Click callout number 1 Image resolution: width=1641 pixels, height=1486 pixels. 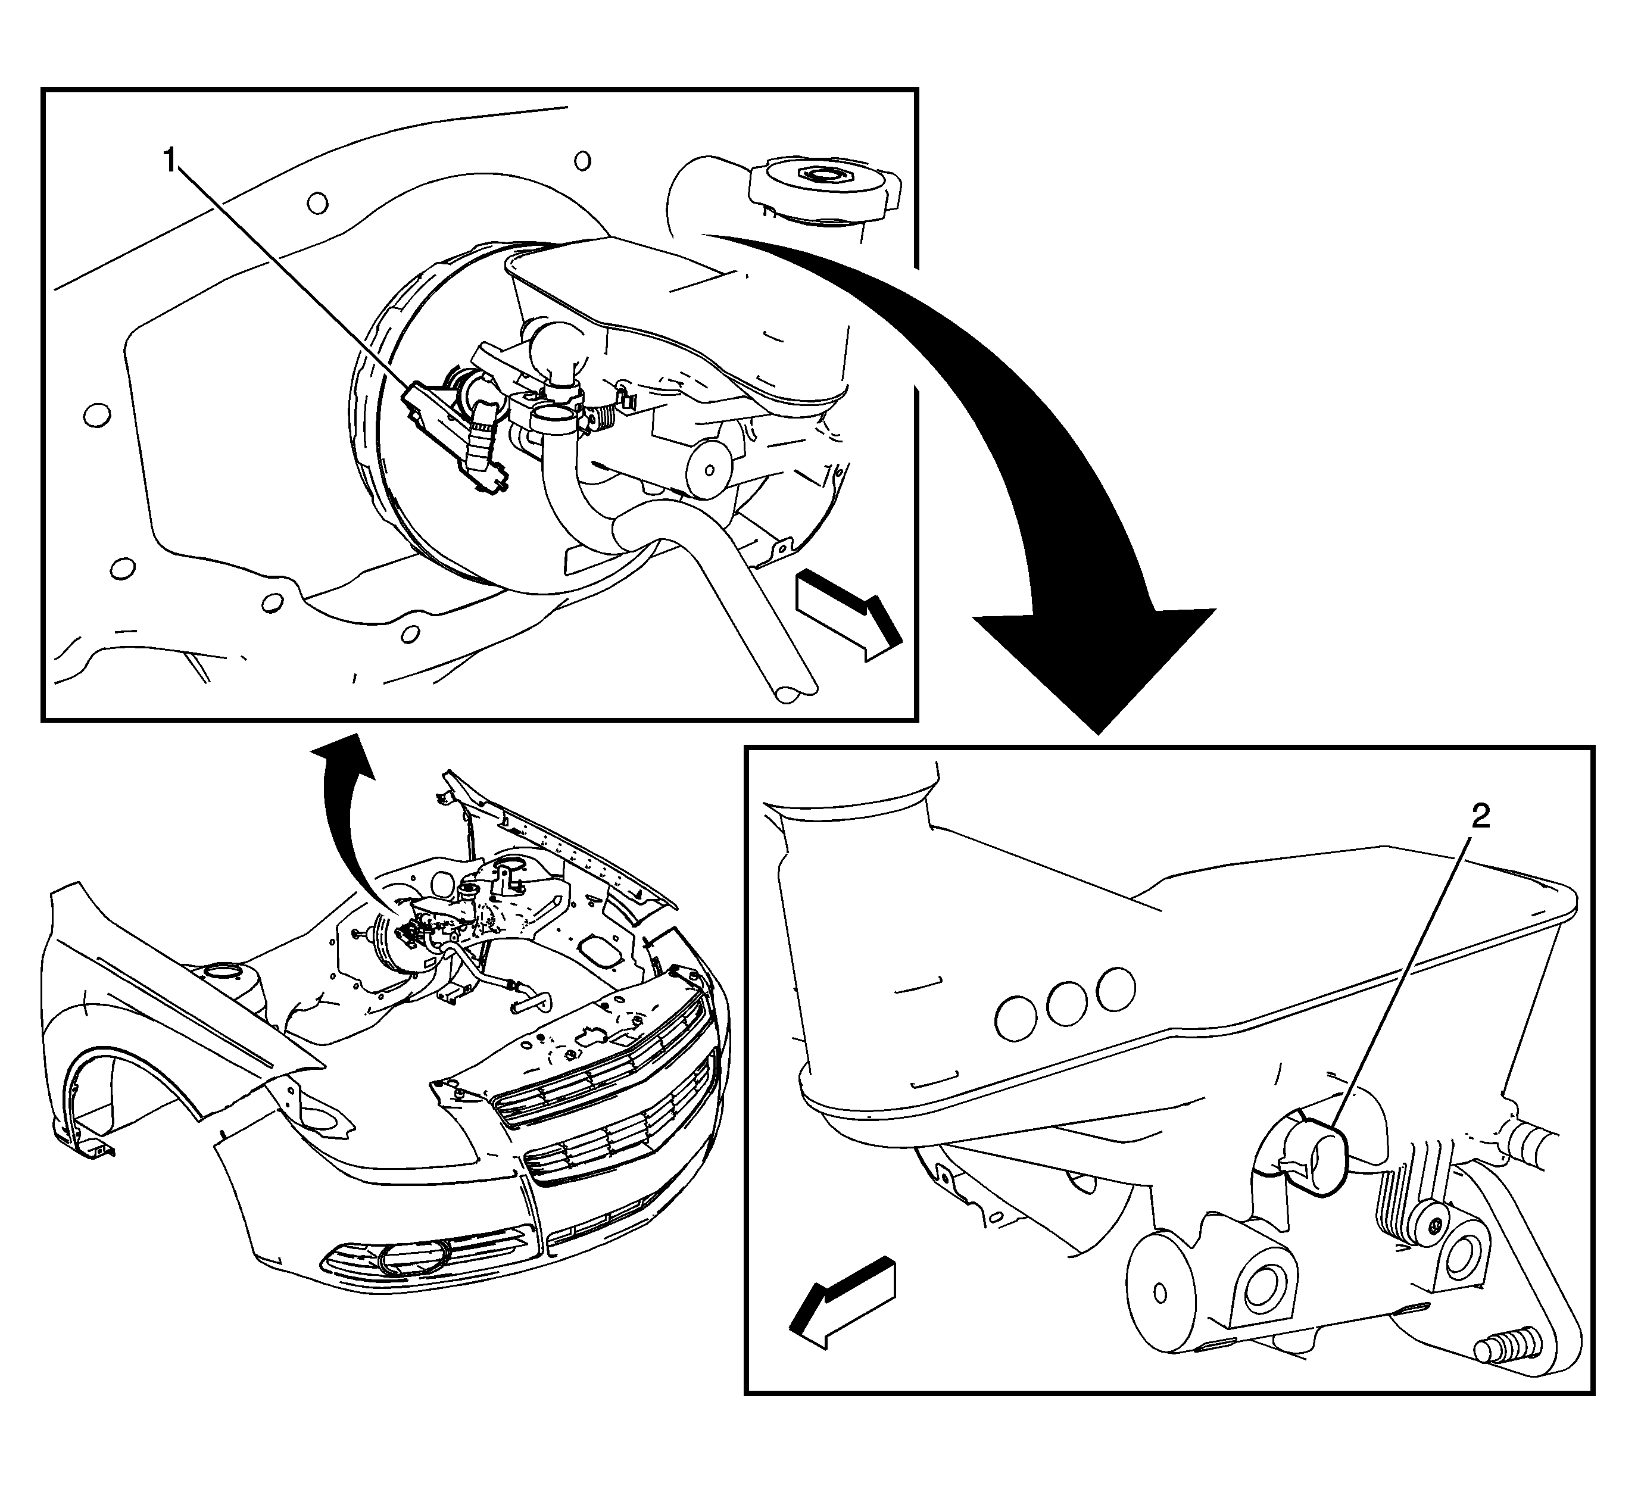(x=170, y=160)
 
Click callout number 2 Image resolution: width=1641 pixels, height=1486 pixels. (x=1481, y=816)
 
